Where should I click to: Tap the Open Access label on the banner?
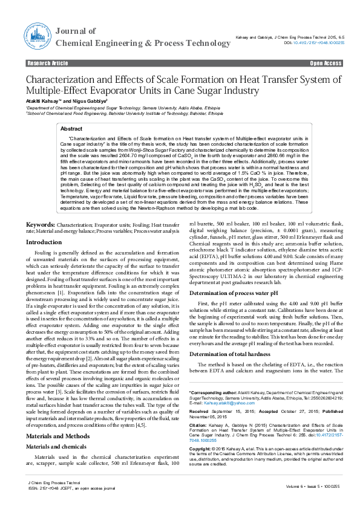pyautogui.click(x=326, y=63)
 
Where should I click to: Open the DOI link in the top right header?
pyautogui.click(x=314, y=44)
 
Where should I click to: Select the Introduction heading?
pyautogui.click(x=44, y=242)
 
